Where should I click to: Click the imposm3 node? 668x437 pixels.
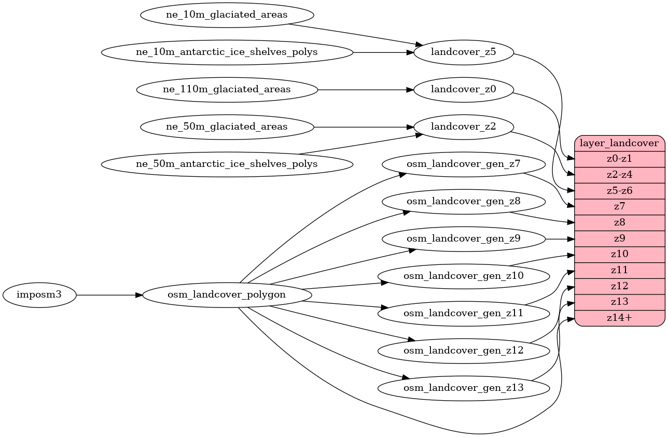[39, 295]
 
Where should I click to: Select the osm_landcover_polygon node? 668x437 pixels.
[227, 295]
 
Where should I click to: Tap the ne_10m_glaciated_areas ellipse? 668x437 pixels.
[227, 15]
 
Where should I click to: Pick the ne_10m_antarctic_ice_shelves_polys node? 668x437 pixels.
[227, 52]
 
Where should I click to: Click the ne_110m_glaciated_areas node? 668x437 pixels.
[227, 90]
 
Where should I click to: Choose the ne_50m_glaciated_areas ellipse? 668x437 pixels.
[227, 127]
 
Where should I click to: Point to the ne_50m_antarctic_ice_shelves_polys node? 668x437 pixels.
[227, 164]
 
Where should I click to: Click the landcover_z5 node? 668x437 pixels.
[463, 52]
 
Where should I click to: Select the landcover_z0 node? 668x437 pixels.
[463, 90]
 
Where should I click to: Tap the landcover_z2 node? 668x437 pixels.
[463, 127]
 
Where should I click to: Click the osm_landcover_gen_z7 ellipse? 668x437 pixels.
[463, 164]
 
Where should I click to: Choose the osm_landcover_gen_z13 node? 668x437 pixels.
[463, 388]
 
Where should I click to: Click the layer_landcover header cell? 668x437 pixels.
[620, 143]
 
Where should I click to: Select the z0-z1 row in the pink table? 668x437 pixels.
[620, 159]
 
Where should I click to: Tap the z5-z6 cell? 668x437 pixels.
[620, 190]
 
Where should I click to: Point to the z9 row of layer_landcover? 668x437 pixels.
[620, 238]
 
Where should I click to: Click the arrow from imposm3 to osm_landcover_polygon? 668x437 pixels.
[109, 295]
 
